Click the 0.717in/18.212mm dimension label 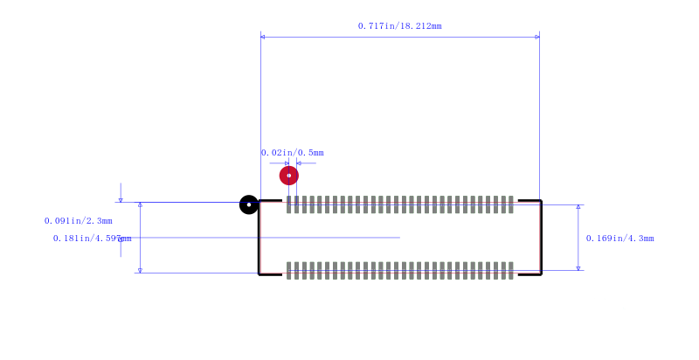tap(400, 26)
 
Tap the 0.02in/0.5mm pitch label tap(293, 153)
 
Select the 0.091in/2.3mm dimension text tap(79, 221)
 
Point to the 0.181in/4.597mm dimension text tap(93, 239)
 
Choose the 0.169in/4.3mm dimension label tap(620, 239)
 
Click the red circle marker tap(289, 176)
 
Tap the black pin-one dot tap(249, 204)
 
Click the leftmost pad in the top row tap(289, 204)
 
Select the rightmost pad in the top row tap(511, 204)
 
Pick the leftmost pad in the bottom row tap(289, 271)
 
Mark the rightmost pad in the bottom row tap(511, 271)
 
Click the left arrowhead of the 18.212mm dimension tap(263, 37)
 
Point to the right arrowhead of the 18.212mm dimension tap(537, 37)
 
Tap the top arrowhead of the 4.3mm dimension tap(578, 207)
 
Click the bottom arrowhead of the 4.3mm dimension tap(578, 268)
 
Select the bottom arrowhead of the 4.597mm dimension tap(140, 271)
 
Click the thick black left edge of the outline tap(259, 238)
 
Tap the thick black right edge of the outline tap(541, 238)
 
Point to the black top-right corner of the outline tap(541, 201)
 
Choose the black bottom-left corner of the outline tap(259, 274)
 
